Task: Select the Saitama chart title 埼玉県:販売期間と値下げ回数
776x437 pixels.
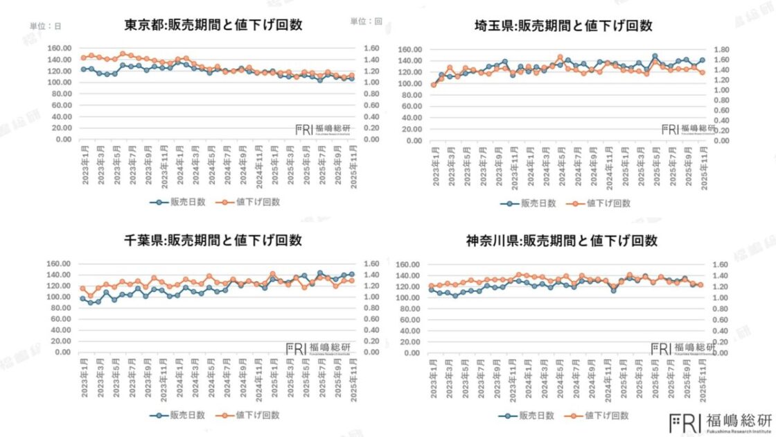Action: pos(559,26)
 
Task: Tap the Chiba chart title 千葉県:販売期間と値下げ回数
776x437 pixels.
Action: pos(213,241)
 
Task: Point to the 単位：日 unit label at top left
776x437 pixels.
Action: pos(45,26)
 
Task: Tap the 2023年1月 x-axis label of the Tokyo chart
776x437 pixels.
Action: pos(84,163)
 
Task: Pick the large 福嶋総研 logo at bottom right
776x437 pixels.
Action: pos(721,420)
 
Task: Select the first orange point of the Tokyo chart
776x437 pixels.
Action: pos(84,58)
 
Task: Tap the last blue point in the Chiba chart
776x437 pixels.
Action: pos(351,274)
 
